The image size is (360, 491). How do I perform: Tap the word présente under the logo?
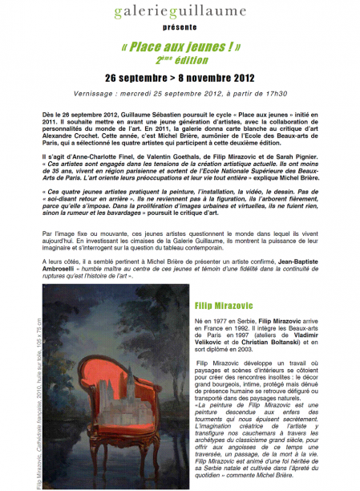click(x=180, y=27)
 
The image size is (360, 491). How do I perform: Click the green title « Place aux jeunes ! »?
click(x=180, y=47)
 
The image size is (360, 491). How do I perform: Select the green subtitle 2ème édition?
click(x=180, y=59)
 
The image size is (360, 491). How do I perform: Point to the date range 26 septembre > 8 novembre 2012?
click(x=180, y=79)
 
